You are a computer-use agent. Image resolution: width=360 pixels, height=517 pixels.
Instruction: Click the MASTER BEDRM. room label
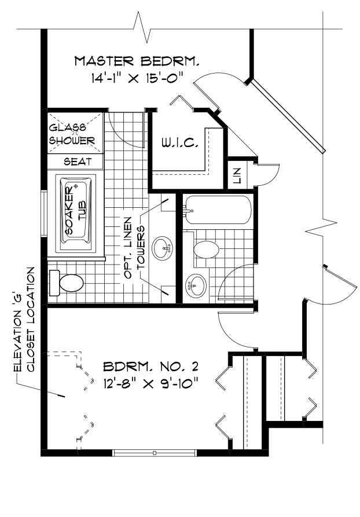(x=138, y=60)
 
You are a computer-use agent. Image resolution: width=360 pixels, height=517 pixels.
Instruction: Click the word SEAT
(x=75, y=162)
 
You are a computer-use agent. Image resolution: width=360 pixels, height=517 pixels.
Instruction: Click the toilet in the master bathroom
(x=68, y=283)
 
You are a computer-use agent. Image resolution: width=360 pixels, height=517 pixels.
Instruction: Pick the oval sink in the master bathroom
(x=164, y=250)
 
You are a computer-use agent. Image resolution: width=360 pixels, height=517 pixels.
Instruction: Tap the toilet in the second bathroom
(x=205, y=250)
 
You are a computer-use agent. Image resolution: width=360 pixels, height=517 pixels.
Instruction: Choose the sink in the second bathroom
(x=196, y=285)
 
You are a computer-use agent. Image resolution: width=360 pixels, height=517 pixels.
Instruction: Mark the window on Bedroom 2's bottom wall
(x=154, y=452)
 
